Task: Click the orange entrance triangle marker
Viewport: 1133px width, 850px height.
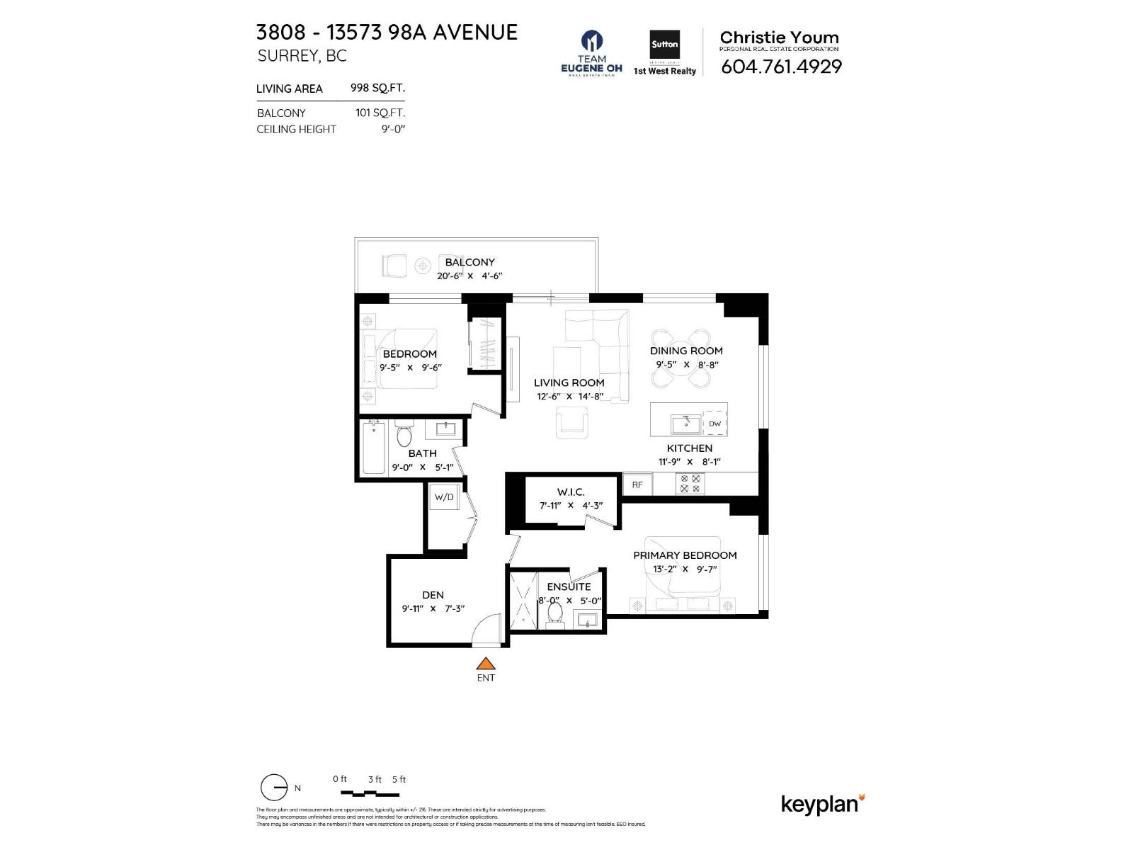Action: [485, 664]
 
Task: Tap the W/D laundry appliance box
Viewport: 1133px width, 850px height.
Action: [444, 497]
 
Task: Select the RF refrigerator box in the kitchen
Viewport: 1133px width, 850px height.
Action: [637, 484]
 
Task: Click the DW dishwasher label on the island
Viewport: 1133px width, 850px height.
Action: [714, 424]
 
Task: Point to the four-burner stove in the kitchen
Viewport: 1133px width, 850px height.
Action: [690, 484]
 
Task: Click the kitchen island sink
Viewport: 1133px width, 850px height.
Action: [685, 424]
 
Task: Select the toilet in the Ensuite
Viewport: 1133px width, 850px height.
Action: [554, 613]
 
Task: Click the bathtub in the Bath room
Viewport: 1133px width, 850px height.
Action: [373, 448]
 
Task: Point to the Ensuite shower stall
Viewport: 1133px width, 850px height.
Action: [525, 599]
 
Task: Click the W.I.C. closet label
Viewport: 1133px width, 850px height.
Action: [571, 492]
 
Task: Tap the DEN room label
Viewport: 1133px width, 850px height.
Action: [433, 595]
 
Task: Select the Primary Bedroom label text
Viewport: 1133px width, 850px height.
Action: [685, 555]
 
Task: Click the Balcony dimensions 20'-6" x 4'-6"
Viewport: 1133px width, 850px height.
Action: [469, 276]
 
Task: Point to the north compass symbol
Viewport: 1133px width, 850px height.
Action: [274, 788]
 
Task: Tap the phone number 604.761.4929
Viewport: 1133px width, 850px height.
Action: [781, 67]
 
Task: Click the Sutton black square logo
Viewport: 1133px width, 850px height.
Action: [664, 45]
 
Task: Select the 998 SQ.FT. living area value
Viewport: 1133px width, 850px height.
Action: [377, 88]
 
